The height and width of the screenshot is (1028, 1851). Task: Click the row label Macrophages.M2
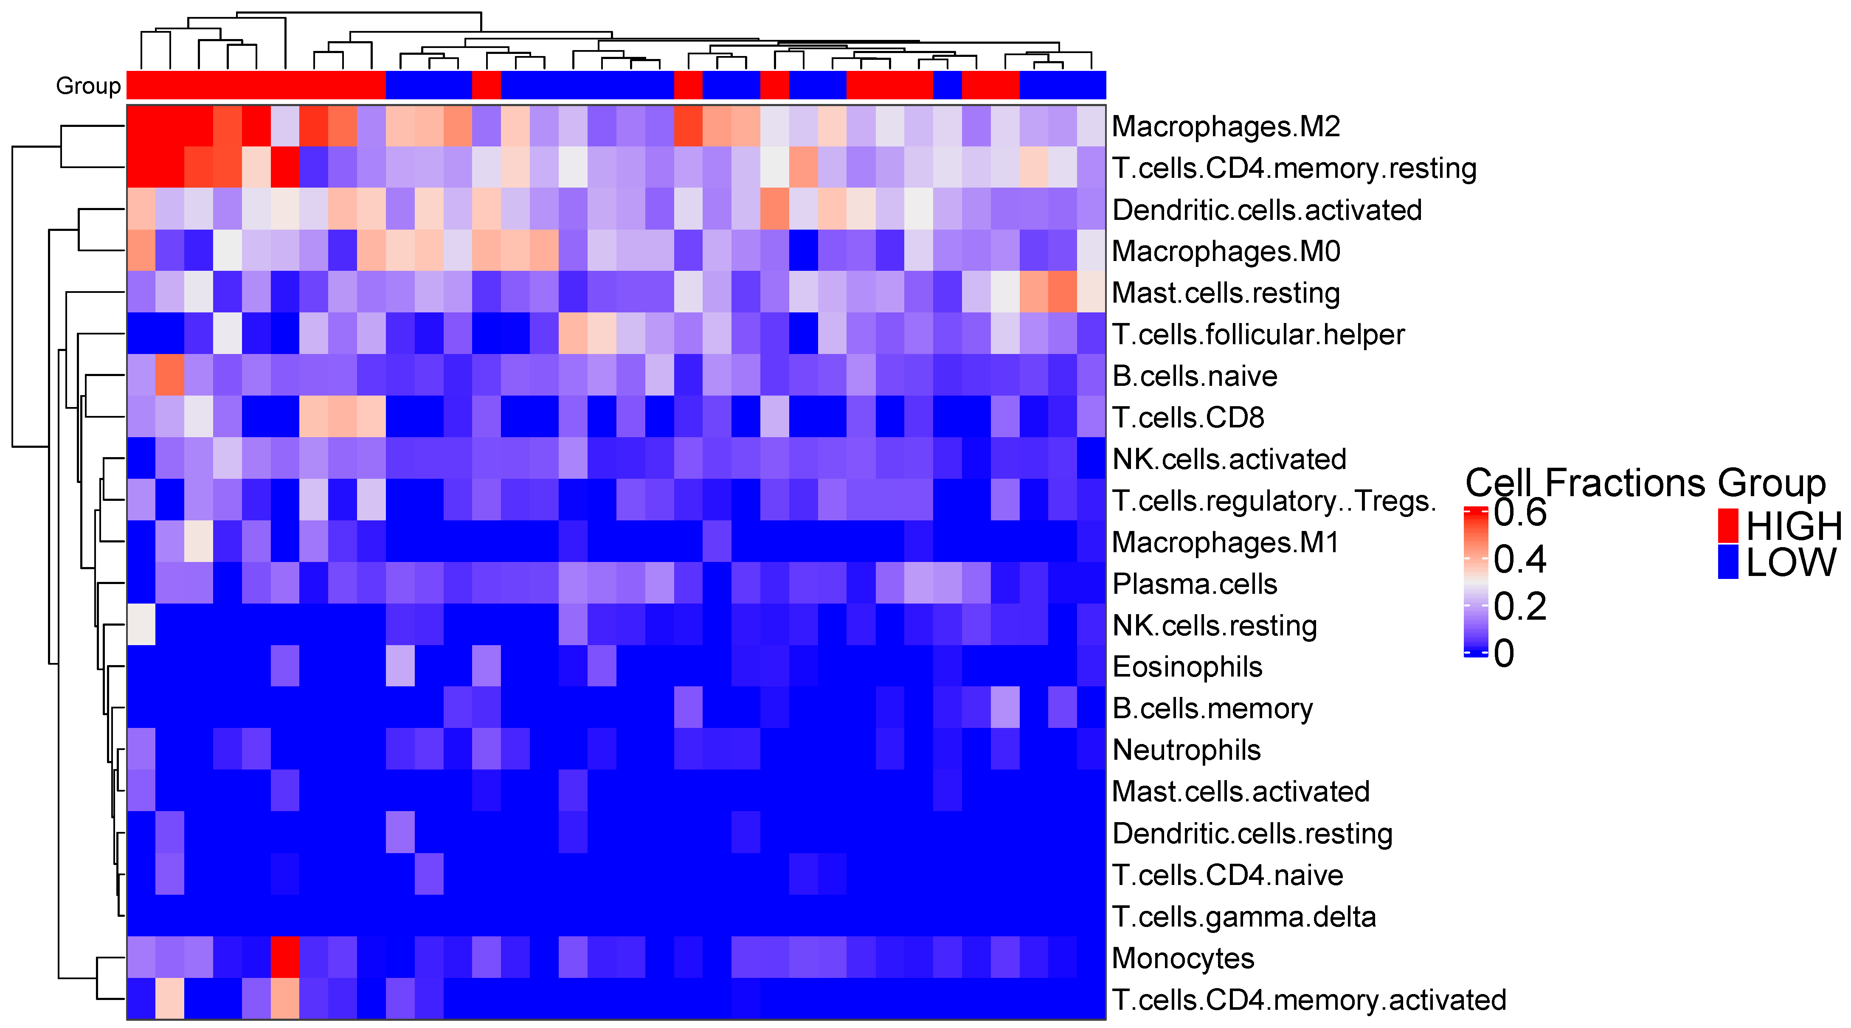1225,126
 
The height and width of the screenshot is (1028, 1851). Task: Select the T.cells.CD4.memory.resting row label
1294,168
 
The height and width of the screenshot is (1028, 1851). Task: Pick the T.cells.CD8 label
1188,417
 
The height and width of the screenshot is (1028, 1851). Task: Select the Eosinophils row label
1187,667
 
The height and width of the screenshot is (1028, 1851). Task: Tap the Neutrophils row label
1186,750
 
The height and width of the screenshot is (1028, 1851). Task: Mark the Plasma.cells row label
1194,584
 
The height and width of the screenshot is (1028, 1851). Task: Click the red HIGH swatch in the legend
1727,526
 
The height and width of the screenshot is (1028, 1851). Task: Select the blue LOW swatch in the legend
1727,562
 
